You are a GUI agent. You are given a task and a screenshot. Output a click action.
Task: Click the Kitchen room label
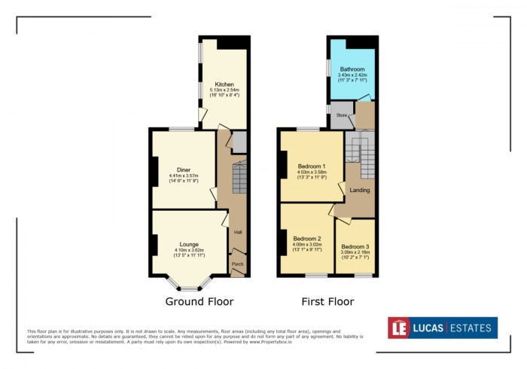click(x=224, y=84)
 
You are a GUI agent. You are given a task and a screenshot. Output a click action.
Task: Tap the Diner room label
click(x=184, y=169)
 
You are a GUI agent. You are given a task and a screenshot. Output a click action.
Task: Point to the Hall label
click(x=237, y=232)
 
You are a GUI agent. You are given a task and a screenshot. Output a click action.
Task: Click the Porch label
click(x=237, y=264)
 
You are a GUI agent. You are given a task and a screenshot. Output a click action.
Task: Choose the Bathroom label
click(x=352, y=69)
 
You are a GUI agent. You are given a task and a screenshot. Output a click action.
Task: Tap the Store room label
click(x=340, y=115)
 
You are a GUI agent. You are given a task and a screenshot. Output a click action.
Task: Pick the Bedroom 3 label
click(x=355, y=246)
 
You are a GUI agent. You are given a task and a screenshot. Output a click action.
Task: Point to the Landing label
click(x=360, y=190)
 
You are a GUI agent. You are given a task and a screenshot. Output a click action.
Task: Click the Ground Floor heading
click(x=200, y=302)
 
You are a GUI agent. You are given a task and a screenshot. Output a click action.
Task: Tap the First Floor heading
click(x=327, y=302)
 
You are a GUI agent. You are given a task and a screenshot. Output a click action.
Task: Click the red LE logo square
click(x=399, y=328)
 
